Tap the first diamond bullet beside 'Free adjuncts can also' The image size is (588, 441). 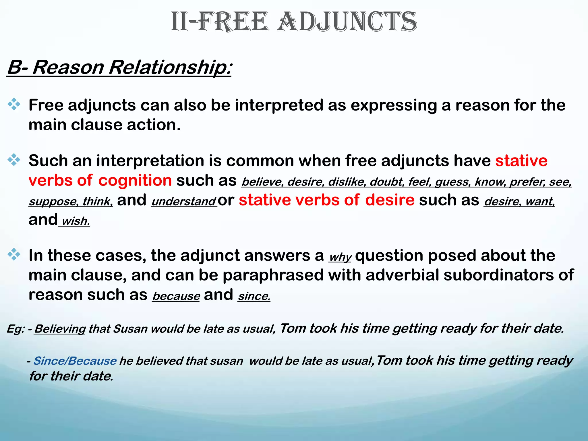tap(14, 104)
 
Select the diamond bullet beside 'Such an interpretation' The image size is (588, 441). tap(14, 160)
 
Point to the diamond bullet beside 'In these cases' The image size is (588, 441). tap(14, 254)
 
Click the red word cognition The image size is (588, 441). tap(135, 181)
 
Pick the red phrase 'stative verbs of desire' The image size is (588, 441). tap(326, 200)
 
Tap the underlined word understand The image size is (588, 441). tap(184, 202)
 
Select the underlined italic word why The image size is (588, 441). tap(340, 257)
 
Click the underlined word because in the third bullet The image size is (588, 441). tap(176, 296)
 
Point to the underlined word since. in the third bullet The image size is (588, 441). tap(254, 296)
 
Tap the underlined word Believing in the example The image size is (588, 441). tap(60, 329)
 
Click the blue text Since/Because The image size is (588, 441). tap(75, 361)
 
